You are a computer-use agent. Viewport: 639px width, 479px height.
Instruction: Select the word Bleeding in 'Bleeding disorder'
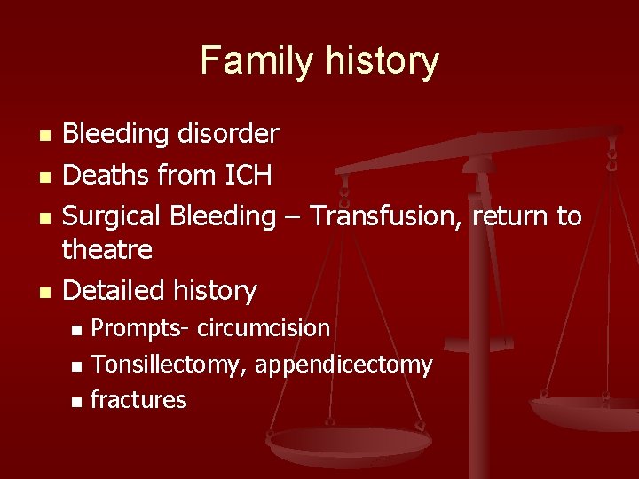pyautogui.click(x=115, y=135)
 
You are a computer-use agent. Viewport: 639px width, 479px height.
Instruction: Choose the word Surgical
pyautogui.click(x=114, y=216)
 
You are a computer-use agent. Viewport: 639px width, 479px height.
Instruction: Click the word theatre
pyautogui.click(x=106, y=250)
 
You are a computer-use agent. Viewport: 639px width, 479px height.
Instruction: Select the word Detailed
pyautogui.click(x=113, y=290)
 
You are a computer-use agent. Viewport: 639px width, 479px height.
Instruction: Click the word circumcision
pyautogui.click(x=264, y=328)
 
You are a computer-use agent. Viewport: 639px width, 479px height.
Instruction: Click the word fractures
pyautogui.click(x=138, y=400)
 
